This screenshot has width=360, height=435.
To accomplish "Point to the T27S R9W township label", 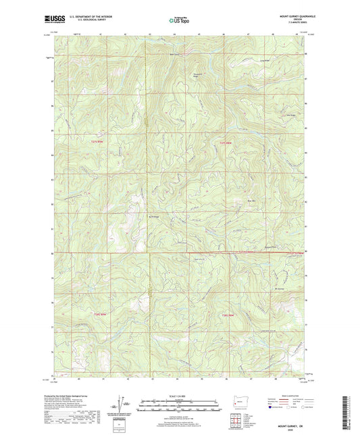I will coord(98,143).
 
